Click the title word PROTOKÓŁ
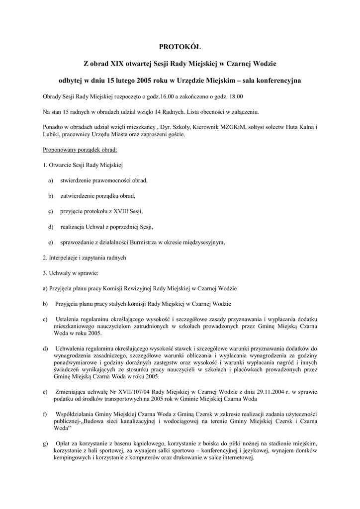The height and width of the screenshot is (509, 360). point(180,47)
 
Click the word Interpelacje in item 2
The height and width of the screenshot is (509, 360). point(64,258)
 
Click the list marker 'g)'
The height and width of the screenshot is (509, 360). point(46,442)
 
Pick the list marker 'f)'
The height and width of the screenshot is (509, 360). point(45,414)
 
